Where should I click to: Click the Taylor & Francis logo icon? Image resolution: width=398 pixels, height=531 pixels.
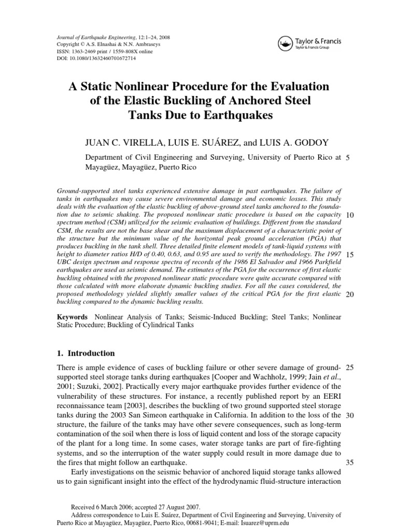(285, 42)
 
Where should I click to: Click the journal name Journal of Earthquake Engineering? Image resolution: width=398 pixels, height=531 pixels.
(92, 38)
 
